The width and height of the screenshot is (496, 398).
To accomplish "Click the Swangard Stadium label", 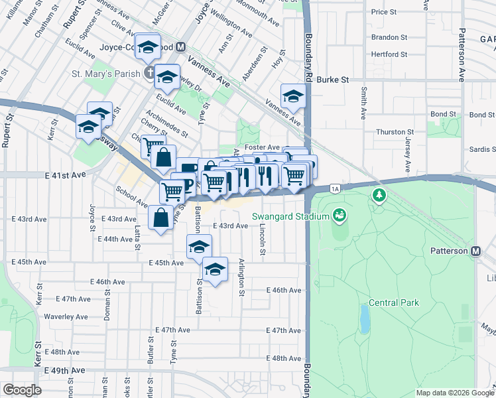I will (290, 217).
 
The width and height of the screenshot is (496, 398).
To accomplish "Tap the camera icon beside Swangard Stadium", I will (340, 215).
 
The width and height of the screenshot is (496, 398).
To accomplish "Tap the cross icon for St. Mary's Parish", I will (150, 72).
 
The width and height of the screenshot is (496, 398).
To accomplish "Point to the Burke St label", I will (333, 80).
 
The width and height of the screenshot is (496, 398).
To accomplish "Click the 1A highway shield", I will (336, 189).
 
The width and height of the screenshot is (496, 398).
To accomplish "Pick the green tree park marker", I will (379, 196).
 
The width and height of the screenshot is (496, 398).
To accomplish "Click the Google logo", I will (22, 389).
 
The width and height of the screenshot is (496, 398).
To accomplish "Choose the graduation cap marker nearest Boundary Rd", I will (292, 96).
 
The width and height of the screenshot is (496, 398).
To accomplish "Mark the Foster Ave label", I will (262, 147).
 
